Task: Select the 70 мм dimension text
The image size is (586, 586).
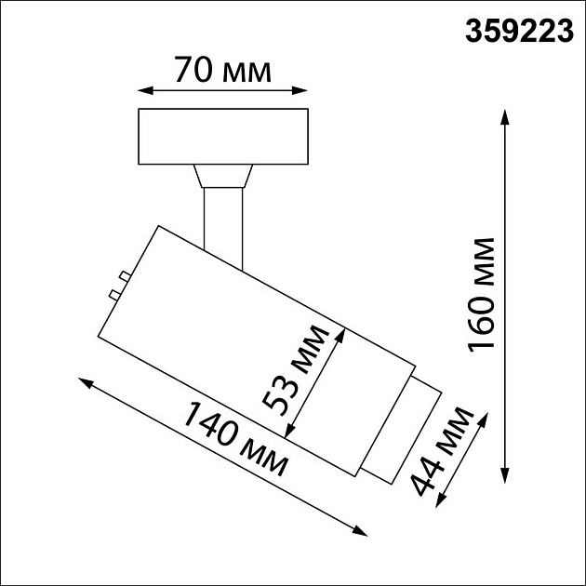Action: pos(223,69)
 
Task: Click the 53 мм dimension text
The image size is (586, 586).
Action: pos(296,369)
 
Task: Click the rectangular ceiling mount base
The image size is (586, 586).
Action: pos(223,137)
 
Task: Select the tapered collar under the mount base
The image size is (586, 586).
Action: pos(223,177)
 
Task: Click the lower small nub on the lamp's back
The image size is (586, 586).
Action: pos(113,295)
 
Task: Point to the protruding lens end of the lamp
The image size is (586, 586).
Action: pos(401,433)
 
